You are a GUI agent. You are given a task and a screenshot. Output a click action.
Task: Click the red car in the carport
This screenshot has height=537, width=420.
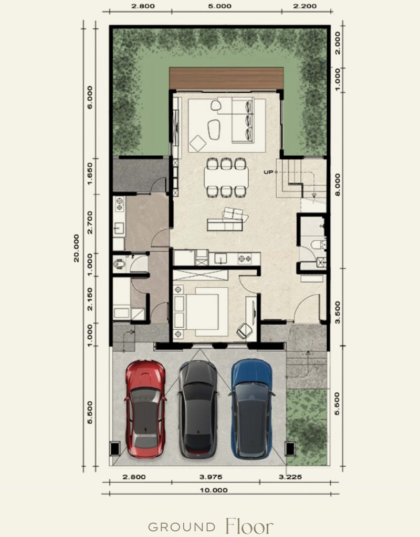(x=146, y=409)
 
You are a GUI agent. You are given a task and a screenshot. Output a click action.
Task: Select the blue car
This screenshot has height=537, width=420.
(x=252, y=409)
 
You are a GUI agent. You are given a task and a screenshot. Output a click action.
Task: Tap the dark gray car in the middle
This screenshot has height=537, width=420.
(x=198, y=409)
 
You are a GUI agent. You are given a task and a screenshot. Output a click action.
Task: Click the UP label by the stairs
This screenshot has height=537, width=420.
(x=268, y=172)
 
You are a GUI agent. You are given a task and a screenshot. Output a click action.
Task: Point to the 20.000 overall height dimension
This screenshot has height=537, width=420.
(x=76, y=248)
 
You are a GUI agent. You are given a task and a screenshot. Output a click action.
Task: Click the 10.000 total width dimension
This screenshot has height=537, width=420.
(x=214, y=490)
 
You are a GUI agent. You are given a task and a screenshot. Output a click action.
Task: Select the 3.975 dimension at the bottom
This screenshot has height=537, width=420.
(x=211, y=477)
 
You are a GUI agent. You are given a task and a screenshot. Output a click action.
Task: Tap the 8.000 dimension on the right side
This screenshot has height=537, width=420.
(x=338, y=185)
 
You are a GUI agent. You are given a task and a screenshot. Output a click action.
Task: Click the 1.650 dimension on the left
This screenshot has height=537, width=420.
(x=90, y=173)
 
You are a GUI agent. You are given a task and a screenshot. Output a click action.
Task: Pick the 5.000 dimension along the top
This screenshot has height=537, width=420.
(x=219, y=6)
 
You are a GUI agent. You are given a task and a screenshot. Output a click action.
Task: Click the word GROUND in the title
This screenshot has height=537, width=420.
(x=182, y=527)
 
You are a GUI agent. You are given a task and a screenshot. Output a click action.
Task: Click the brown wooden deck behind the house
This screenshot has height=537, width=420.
(x=226, y=79)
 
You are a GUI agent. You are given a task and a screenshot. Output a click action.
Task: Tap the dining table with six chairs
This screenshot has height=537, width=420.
(x=226, y=177)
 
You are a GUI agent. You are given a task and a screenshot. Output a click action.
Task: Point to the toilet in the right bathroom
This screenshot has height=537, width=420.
(x=318, y=244)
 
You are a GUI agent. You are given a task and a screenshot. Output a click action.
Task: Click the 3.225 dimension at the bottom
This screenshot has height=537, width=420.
(x=290, y=477)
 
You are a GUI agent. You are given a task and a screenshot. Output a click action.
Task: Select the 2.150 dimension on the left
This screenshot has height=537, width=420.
(x=90, y=299)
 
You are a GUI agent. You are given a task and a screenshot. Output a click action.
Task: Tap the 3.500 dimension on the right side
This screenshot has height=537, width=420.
(x=338, y=312)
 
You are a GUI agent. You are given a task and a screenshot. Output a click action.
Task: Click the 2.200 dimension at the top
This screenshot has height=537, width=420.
(x=305, y=6)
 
